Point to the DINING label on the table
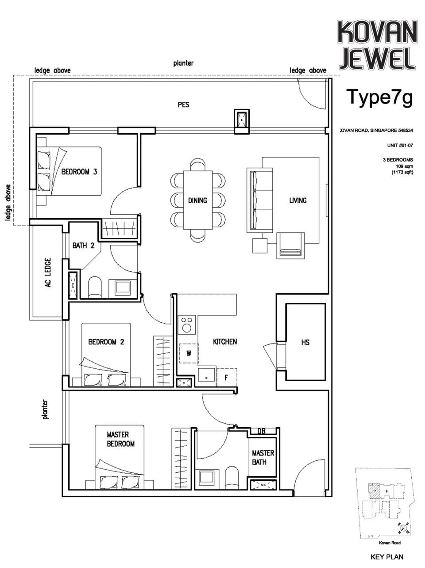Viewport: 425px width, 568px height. point(197,201)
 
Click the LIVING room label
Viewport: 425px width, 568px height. point(297,201)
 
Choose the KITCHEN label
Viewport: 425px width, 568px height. point(225,342)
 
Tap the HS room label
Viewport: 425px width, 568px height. point(305,342)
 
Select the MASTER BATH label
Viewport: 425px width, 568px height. point(263,458)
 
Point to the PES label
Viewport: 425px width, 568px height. point(183,105)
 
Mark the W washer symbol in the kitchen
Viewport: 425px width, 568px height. point(189,353)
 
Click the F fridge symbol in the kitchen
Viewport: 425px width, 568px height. point(227,378)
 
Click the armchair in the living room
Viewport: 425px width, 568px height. point(290,245)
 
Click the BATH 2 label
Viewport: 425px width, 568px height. point(83,246)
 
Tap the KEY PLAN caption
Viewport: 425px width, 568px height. point(386,557)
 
